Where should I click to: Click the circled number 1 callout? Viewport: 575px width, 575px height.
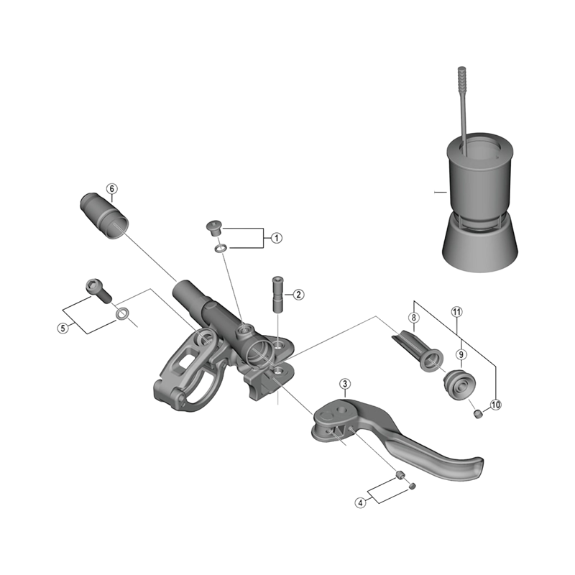pyautogui.click(x=275, y=238)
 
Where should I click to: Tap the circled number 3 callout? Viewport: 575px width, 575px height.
pyautogui.click(x=346, y=385)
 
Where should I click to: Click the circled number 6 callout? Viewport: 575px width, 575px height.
pyautogui.click(x=111, y=189)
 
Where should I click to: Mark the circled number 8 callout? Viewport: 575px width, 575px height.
pyautogui.click(x=413, y=317)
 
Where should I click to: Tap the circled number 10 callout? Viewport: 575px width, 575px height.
pyautogui.click(x=495, y=405)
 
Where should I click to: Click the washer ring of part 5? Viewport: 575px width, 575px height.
pyautogui.click(x=123, y=313)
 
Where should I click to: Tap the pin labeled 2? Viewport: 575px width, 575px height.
pyautogui.click(x=276, y=293)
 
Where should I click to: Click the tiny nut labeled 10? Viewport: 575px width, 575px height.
pyautogui.click(x=477, y=413)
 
